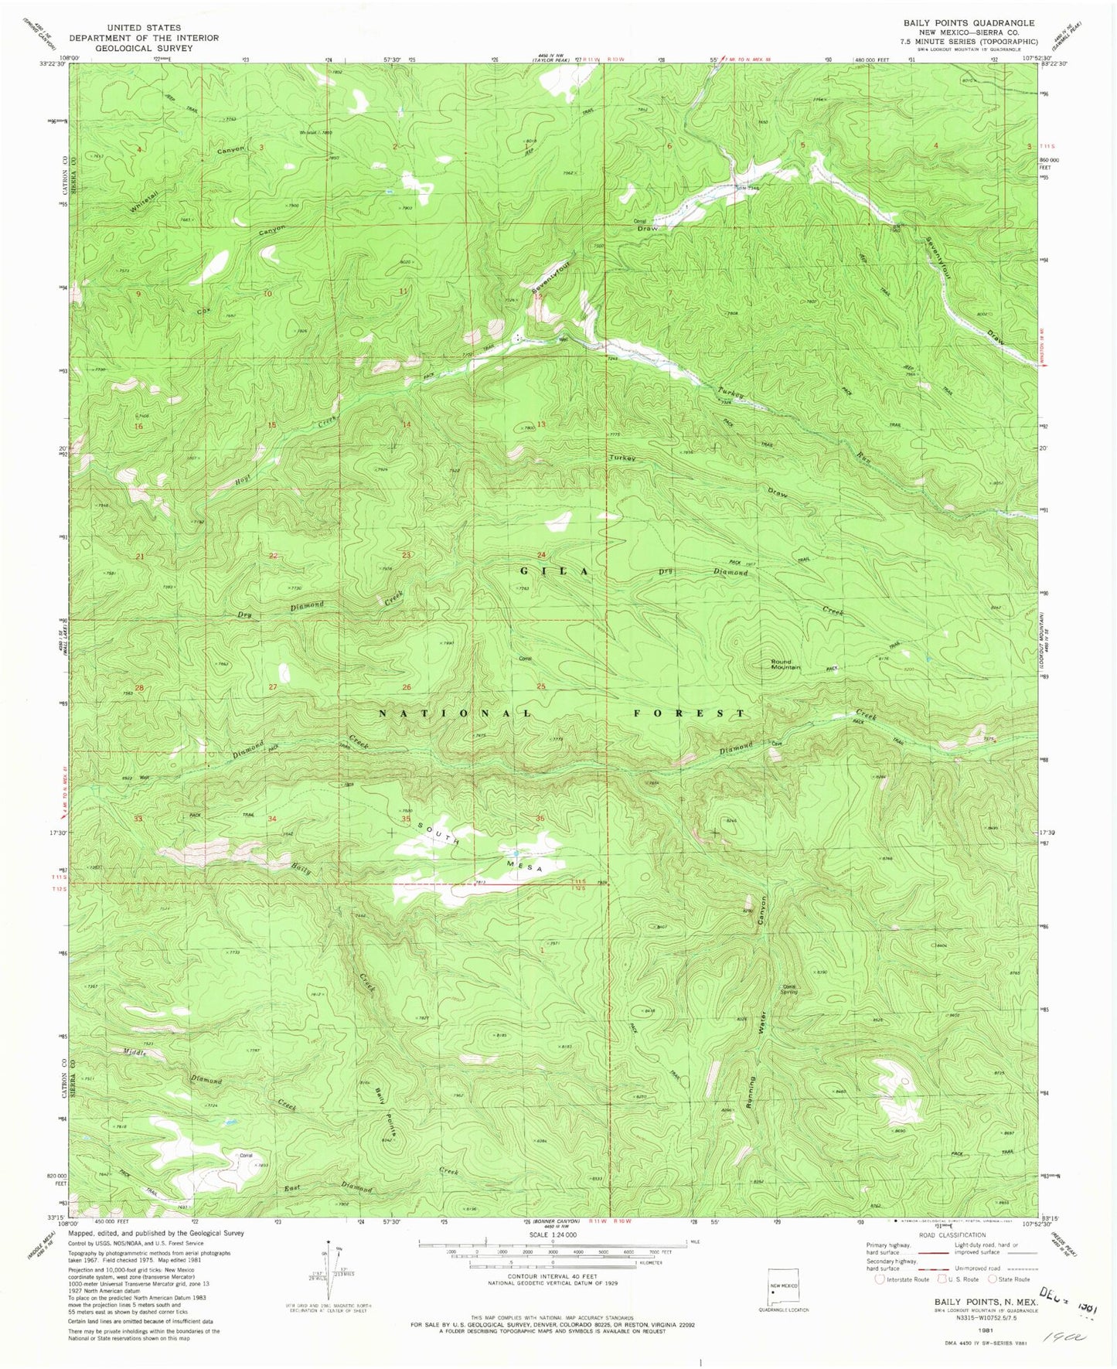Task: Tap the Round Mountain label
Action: [785, 663]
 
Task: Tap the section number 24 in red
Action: [541, 555]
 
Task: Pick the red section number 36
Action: [540, 819]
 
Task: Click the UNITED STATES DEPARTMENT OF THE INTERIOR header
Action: [144, 38]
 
